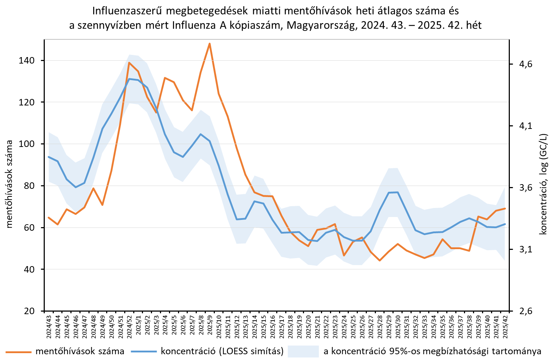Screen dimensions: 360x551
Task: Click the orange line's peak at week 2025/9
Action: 209,44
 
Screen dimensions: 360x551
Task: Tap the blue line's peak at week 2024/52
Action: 129,79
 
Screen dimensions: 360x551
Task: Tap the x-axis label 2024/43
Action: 49,327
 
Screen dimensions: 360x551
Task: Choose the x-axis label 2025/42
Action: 505,327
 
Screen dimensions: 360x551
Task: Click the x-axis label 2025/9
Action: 210,327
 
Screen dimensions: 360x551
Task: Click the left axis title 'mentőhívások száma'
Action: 9,184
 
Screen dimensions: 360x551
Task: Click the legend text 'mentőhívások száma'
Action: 80,351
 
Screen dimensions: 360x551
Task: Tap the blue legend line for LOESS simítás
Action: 143,351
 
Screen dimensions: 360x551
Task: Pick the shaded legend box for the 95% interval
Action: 303,351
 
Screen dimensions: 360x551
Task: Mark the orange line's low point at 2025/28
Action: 380,260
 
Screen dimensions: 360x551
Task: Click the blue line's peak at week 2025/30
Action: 398,192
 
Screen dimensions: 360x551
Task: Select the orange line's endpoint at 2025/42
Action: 505,208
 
